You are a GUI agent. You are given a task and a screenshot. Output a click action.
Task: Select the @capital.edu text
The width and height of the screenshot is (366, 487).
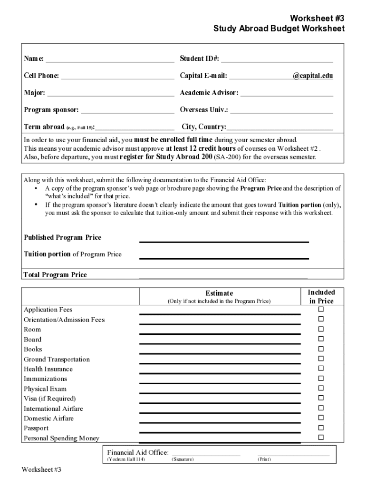click(312, 76)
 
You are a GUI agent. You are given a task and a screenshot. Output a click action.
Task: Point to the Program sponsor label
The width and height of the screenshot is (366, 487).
click(51, 110)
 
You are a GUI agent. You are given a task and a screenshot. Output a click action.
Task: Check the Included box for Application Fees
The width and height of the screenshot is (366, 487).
click(321, 309)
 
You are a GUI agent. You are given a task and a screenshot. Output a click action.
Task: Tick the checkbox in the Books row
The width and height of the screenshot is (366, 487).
click(321, 349)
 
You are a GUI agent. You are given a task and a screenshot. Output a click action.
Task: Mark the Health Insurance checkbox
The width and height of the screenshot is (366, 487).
click(321, 369)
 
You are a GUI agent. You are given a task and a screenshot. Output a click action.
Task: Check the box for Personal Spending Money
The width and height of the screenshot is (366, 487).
click(321, 437)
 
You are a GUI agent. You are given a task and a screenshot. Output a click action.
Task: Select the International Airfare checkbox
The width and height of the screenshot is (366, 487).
click(321, 408)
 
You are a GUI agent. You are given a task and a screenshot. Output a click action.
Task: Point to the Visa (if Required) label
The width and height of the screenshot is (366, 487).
click(49, 399)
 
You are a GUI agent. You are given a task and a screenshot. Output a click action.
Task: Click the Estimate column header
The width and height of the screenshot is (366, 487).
click(219, 293)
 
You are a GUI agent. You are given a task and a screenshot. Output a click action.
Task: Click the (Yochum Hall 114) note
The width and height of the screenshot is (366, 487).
click(126, 460)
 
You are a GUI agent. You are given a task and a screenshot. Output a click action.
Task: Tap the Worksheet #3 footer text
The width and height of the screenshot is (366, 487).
click(42, 470)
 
